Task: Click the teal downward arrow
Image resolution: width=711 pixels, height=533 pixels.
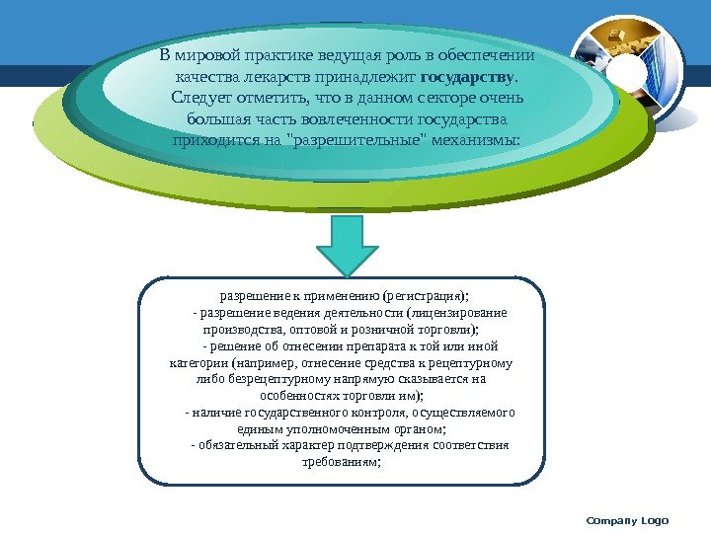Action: click(344, 246)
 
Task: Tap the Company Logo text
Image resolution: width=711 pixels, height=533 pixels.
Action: click(627, 520)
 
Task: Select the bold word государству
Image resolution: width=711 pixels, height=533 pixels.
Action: click(467, 76)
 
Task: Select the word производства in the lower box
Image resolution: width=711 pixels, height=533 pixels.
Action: click(242, 330)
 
